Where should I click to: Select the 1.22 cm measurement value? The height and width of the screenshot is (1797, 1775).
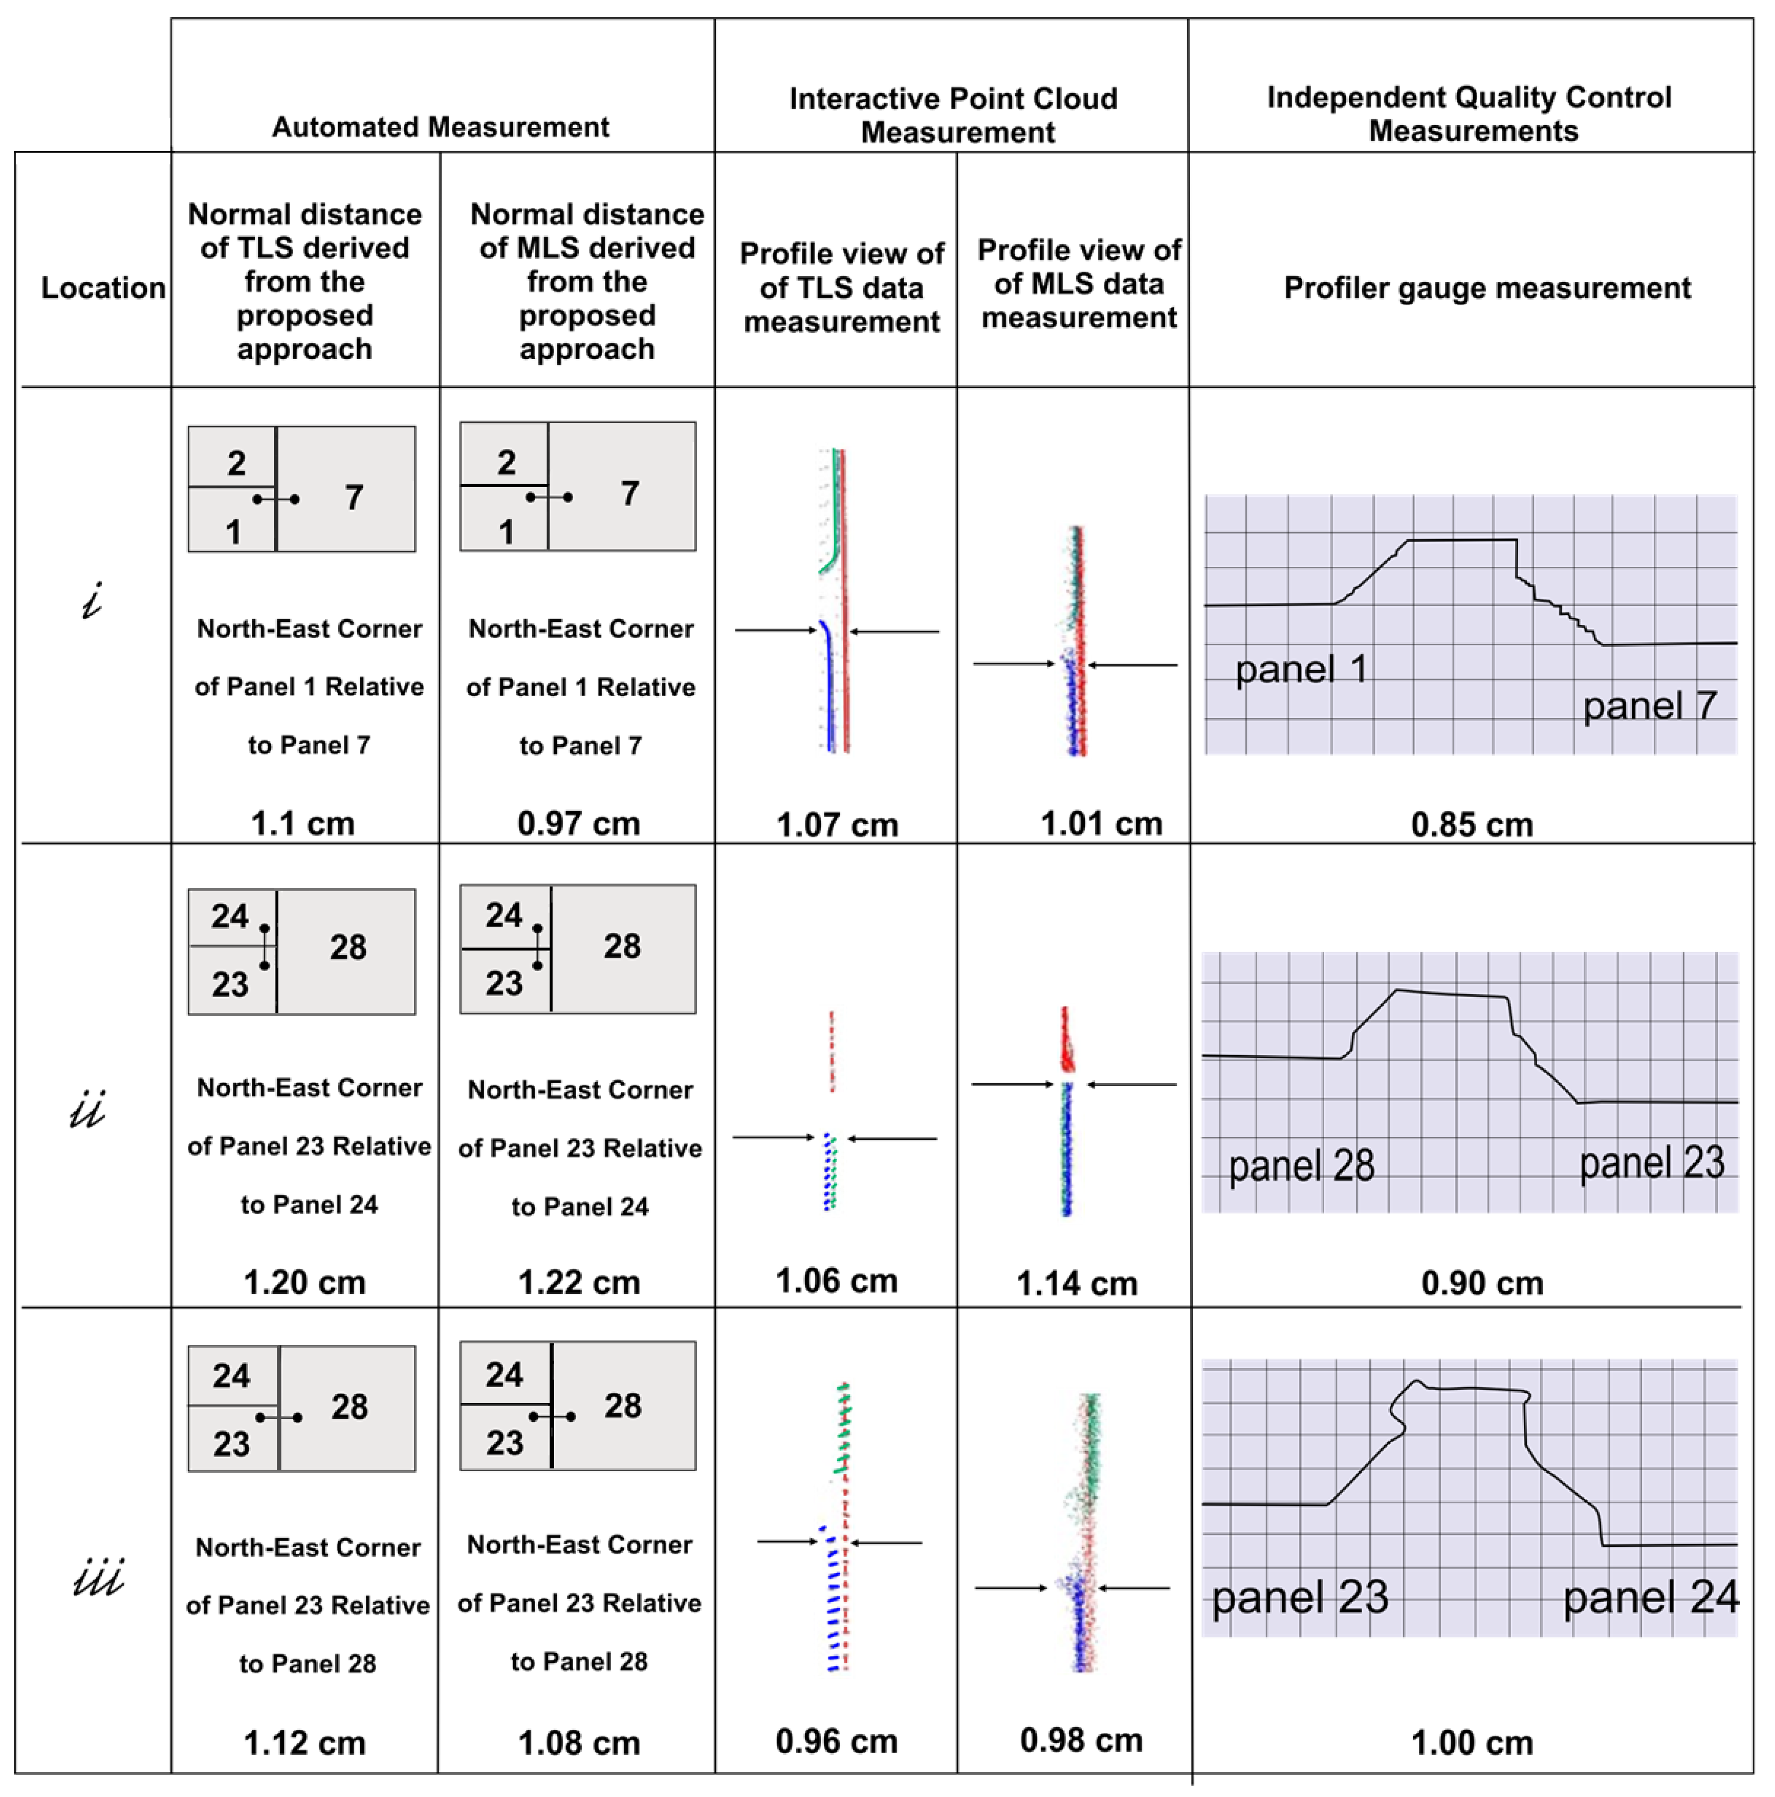pos(579,1282)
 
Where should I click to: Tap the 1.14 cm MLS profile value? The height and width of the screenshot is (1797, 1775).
pos(1076,1283)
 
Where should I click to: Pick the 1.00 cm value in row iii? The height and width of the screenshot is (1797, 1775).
pos(1472,1742)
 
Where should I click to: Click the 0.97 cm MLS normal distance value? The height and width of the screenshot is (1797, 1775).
pos(579,823)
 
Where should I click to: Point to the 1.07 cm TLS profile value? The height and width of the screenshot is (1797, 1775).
pos(837,824)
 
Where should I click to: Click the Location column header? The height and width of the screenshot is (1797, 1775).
pos(103,287)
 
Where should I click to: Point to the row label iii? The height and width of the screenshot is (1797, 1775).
pos(98,1578)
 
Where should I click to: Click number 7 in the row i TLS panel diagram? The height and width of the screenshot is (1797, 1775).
pos(353,497)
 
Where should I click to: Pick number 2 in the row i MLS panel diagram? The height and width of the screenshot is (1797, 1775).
pos(506,462)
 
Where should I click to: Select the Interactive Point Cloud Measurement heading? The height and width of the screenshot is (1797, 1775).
pos(953,116)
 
